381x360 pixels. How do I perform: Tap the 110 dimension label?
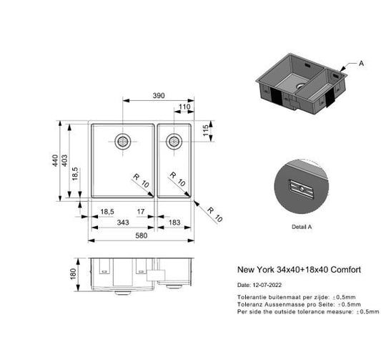point(184,107)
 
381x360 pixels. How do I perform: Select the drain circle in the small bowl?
point(172,142)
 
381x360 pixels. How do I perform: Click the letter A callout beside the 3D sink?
point(361,64)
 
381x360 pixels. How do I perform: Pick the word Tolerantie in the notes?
point(250,296)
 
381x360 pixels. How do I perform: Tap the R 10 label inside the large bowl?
point(142,182)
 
